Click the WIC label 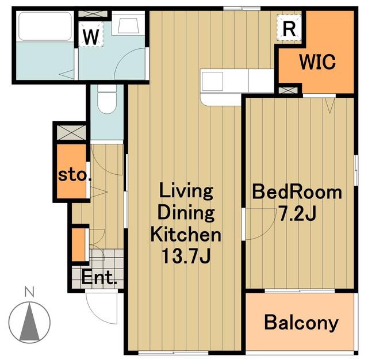[317, 62]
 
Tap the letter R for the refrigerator [289, 29]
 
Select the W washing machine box [91, 35]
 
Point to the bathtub [45, 26]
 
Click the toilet [107, 99]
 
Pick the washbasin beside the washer [128, 24]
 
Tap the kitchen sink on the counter [213, 81]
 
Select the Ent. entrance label [99, 278]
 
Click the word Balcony [301, 323]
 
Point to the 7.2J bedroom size [297, 213]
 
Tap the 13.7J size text [186, 256]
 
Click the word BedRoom [297, 193]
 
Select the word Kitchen [186, 235]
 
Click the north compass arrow [29, 322]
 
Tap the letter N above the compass [29, 292]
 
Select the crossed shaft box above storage [71, 133]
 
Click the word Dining [186, 213]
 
